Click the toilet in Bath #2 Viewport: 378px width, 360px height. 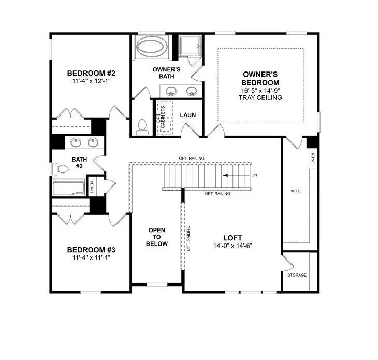click(62, 169)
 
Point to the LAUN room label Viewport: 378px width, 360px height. click(187, 114)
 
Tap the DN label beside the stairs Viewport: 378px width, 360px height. click(254, 175)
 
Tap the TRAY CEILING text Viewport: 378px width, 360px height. click(261, 97)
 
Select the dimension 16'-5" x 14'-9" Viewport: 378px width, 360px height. click(261, 90)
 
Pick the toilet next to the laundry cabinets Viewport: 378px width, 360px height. click(141, 126)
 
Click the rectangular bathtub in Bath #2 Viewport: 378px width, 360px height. click(69, 187)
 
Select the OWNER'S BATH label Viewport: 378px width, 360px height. click(166, 73)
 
